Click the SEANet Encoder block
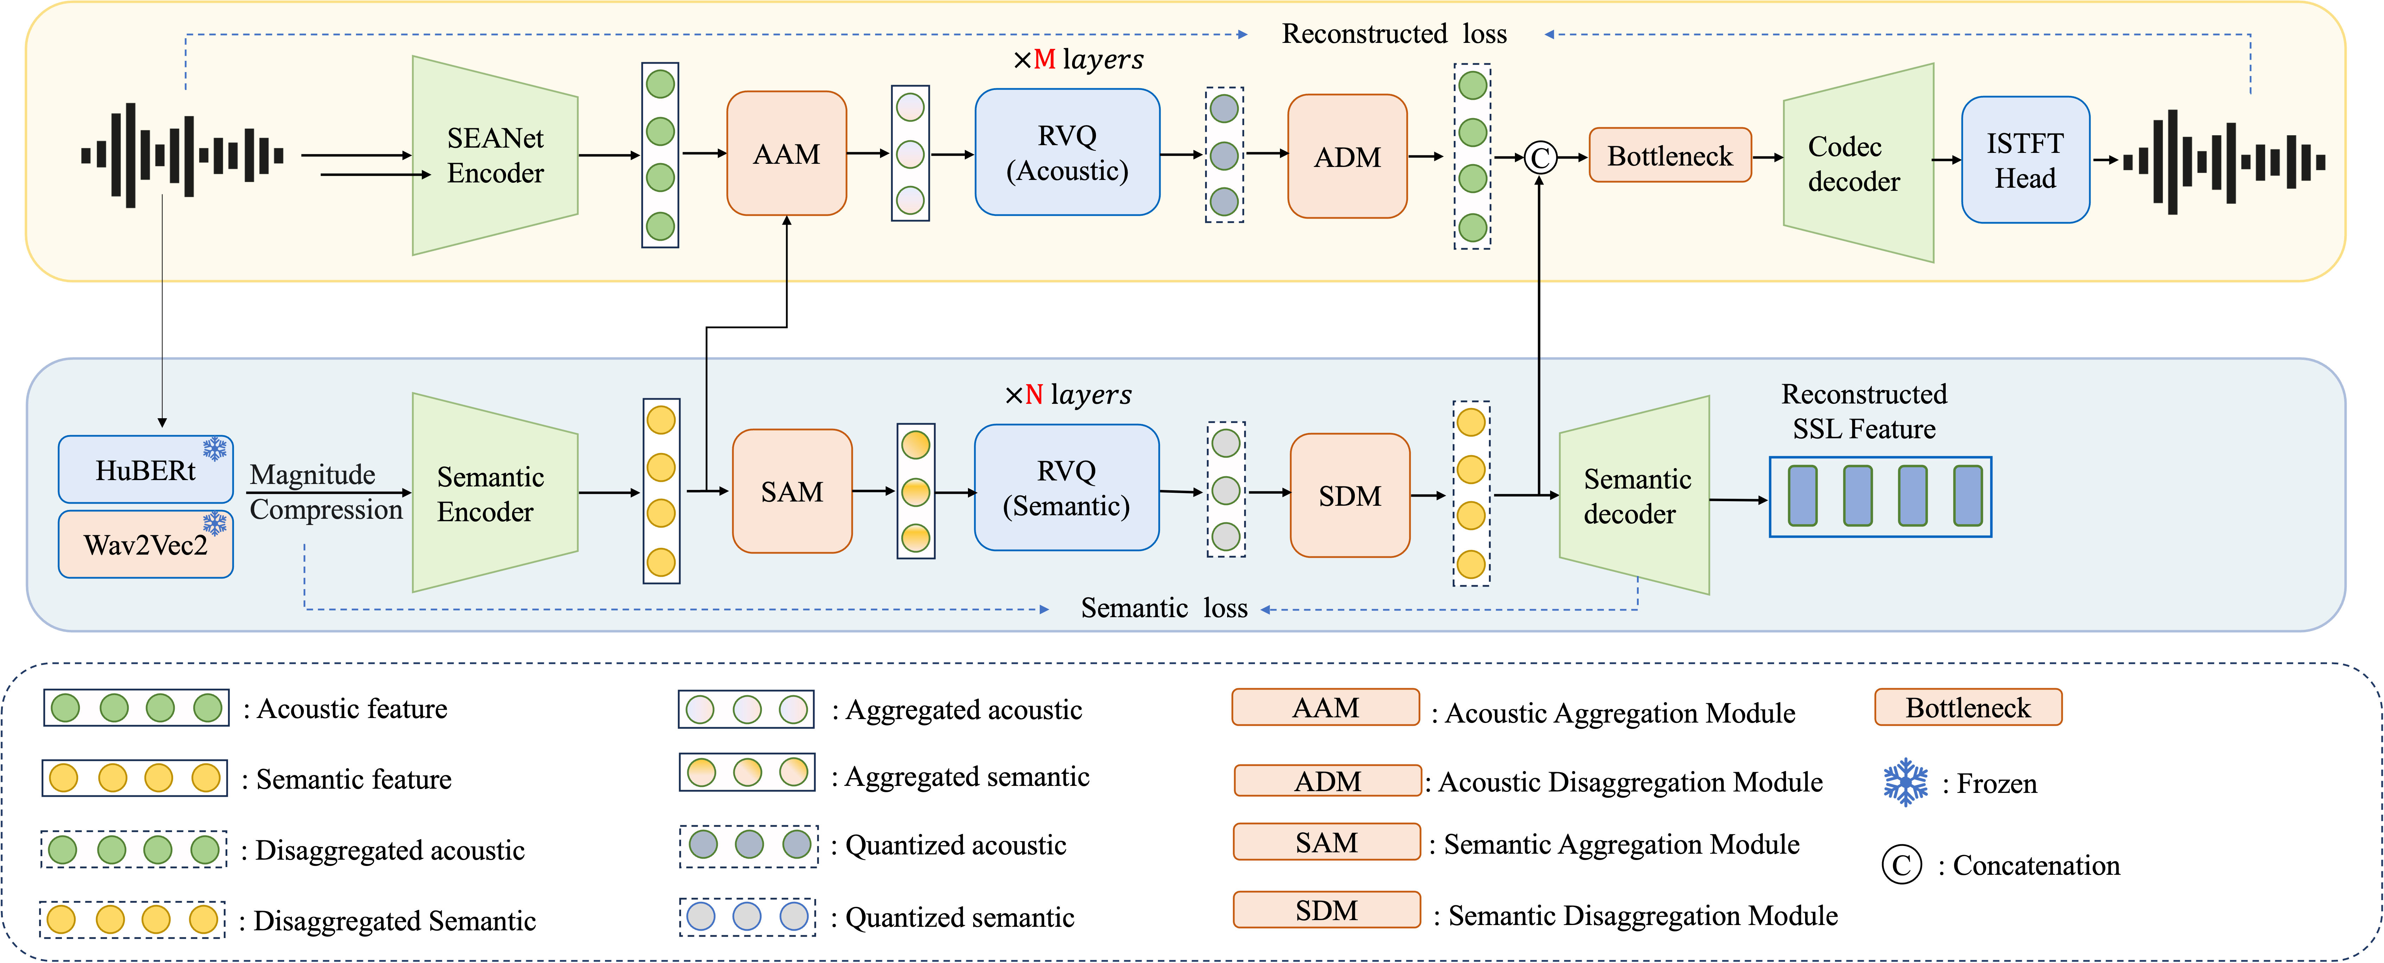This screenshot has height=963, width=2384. (495, 155)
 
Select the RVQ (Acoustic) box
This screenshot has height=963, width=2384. (1067, 153)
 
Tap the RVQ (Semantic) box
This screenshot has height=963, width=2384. (1066, 489)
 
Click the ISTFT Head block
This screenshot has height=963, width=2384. (2025, 160)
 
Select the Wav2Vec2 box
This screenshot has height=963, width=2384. (145, 545)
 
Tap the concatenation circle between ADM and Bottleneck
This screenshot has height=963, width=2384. (1539, 157)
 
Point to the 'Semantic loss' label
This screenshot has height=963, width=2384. (1163, 608)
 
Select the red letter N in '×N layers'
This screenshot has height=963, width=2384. (1034, 395)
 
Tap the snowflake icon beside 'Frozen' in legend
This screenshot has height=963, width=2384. (1906, 783)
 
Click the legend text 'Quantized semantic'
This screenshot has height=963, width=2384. (960, 918)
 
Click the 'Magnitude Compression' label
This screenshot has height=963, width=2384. (326, 492)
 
